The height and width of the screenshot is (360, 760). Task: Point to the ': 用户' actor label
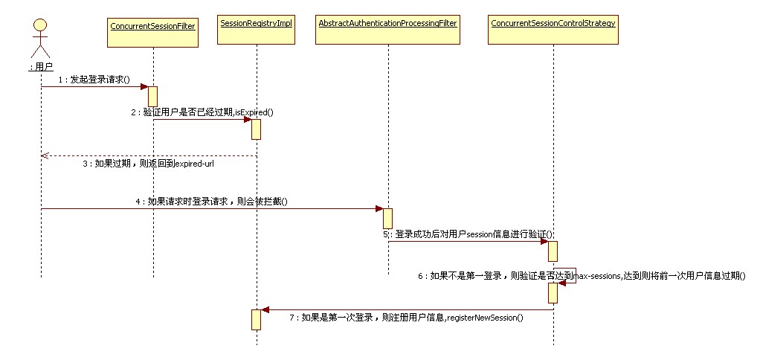(x=41, y=68)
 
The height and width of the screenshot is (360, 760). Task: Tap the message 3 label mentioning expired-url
(x=148, y=163)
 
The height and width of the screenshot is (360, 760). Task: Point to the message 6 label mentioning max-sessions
(x=581, y=275)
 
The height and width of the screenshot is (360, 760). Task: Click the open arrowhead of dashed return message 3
(x=45, y=155)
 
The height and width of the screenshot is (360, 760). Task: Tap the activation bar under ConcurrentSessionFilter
(x=152, y=96)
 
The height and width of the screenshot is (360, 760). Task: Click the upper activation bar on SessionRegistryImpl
(x=256, y=129)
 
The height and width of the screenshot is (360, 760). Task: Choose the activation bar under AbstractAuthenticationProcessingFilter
(x=387, y=219)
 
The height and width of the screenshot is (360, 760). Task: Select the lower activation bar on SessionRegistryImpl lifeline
(x=256, y=319)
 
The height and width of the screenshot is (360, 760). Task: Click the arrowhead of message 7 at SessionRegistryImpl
(x=265, y=309)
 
